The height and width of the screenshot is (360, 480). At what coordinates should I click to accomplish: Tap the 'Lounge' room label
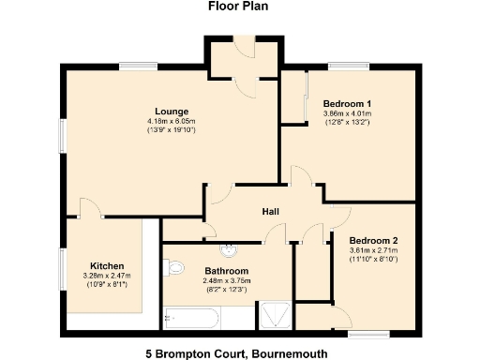(172, 112)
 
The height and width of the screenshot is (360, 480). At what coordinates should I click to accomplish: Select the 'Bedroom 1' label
(347, 103)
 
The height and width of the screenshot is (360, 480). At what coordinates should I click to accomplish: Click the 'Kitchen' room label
(106, 265)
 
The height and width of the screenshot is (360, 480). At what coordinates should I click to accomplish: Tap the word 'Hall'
(270, 212)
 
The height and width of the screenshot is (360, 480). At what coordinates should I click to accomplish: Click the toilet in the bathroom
(172, 268)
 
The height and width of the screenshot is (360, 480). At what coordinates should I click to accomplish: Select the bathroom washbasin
(230, 250)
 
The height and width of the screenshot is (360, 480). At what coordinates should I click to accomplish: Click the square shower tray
(275, 316)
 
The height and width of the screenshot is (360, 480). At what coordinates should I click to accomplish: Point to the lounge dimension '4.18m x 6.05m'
(172, 122)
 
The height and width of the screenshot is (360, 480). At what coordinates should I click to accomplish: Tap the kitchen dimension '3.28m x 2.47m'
(105, 276)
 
